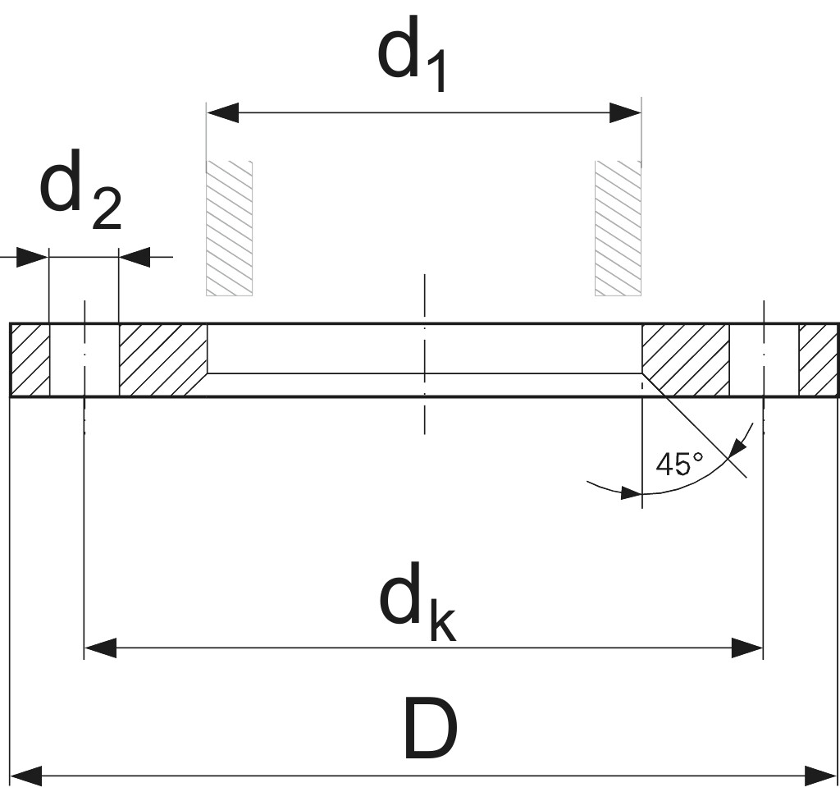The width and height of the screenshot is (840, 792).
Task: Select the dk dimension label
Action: pos(417,603)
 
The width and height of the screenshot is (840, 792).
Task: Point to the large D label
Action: pos(430,729)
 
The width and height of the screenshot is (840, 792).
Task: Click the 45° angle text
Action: pos(679,465)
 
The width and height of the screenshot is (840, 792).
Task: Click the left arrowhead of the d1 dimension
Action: pos(222,113)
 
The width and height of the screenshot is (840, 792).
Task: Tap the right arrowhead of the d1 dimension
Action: pos(625,113)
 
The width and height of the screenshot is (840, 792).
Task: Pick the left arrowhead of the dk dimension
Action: pos(100,649)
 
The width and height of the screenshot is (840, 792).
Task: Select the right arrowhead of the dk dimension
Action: pos(747,649)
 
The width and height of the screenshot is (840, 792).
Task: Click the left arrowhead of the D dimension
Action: pos(25,775)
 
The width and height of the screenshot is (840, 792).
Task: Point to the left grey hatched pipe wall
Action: pos(229,228)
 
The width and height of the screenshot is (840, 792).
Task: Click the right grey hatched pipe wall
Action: pos(618,228)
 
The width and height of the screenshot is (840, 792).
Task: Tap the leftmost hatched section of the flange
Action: pos(30,360)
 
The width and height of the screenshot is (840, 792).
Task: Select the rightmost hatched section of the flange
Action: pos(818,360)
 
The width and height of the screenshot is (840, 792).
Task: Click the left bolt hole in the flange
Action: pos(84,360)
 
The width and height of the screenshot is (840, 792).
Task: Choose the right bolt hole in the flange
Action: pos(764,360)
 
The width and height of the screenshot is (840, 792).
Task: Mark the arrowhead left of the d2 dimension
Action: pos(33,257)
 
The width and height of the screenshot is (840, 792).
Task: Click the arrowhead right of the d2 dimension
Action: pos(135,257)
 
